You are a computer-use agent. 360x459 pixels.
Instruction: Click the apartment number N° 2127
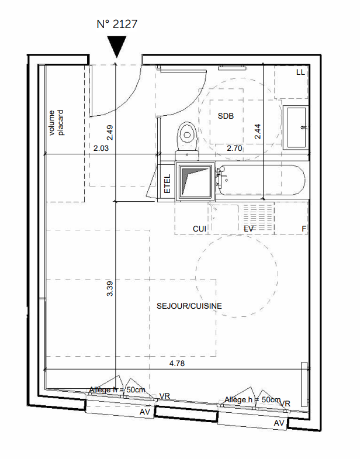(117, 24)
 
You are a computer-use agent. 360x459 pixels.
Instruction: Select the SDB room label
(226, 116)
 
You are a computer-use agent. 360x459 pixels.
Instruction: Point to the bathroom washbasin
(296, 127)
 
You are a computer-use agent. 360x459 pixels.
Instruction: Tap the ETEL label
(167, 184)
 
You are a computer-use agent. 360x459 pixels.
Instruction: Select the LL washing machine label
(300, 72)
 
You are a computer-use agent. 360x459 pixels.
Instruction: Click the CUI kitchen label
(199, 229)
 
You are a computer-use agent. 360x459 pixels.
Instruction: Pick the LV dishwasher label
(248, 229)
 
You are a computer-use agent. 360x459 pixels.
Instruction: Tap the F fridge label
(304, 229)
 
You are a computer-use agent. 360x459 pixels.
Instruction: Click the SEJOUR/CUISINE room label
(189, 306)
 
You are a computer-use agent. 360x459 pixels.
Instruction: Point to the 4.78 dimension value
(177, 363)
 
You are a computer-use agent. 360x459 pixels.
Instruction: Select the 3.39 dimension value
(110, 289)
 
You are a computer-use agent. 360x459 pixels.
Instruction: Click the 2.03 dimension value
(101, 148)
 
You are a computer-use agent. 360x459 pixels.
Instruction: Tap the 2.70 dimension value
(234, 148)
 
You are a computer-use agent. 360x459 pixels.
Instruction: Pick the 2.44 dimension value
(258, 132)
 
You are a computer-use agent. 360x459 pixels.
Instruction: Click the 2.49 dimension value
(110, 133)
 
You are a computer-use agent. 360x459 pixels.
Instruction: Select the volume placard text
(56, 123)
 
